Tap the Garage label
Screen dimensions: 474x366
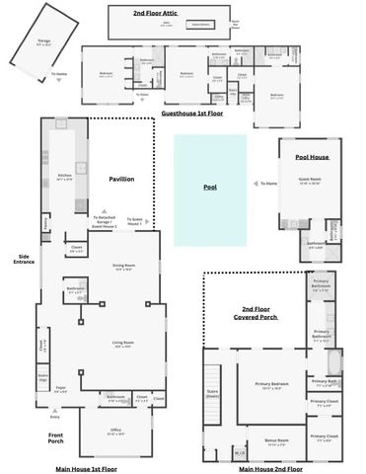tap(42, 42)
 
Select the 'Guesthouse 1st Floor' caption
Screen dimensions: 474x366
tap(191, 114)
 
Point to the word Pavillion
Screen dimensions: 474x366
tap(121, 179)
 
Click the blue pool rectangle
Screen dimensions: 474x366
tap(209, 190)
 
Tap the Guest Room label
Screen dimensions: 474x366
tap(310, 179)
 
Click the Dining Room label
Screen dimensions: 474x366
tap(123, 267)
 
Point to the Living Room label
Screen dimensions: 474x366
tap(122, 344)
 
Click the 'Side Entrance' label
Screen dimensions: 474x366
tap(23, 259)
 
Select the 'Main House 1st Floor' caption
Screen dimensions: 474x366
tap(86, 468)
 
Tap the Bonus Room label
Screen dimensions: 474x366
tap(276, 440)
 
